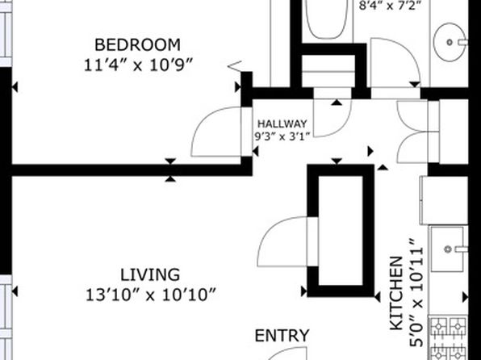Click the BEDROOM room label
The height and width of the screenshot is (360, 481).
[137, 45]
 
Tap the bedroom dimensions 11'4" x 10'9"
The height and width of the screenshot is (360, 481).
[138, 65]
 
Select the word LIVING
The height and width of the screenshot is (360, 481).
[150, 275]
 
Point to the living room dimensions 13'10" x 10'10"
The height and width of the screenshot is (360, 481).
[151, 295]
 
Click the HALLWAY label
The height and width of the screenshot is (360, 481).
[282, 123]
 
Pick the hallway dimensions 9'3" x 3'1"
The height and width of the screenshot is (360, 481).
[282, 136]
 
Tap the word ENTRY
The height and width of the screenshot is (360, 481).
[282, 336]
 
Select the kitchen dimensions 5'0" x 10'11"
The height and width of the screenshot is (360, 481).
[416, 294]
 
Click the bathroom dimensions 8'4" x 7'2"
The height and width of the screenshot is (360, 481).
[390, 6]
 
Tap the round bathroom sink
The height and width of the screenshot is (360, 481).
[450, 42]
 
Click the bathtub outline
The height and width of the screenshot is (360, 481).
[327, 19]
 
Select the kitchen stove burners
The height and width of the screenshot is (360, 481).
[448, 338]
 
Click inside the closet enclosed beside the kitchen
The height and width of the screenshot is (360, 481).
[341, 230]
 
